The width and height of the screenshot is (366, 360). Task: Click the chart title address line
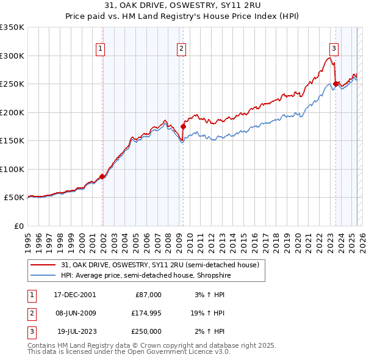[x=182, y=6]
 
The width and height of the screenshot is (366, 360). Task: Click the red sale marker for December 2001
[x=102, y=176]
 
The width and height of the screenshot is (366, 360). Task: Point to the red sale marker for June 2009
[x=183, y=127]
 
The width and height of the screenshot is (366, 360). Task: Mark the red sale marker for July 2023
[x=335, y=84]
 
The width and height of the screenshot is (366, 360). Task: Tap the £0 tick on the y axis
[x=18, y=226]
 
